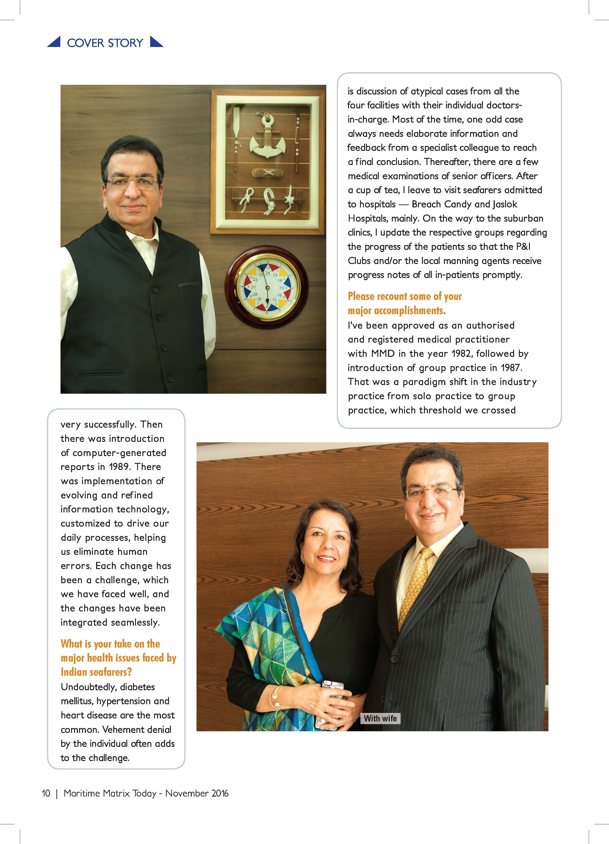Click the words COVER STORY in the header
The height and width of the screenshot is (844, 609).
coord(105,43)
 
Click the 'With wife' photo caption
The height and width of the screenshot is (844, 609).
coord(380,718)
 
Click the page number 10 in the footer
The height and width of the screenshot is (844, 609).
coord(46,793)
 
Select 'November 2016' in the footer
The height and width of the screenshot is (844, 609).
coord(197,793)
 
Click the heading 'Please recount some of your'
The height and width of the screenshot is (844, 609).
coord(405,296)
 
